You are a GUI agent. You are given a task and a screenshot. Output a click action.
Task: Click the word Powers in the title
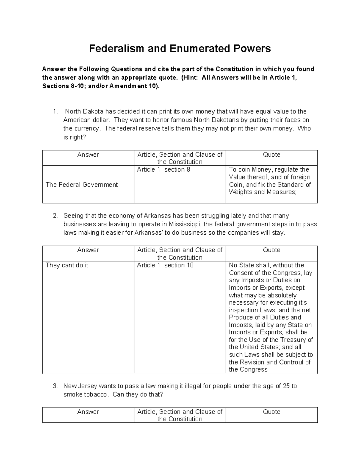tap(255, 49)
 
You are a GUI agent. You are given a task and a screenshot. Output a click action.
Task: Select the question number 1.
tap(55, 112)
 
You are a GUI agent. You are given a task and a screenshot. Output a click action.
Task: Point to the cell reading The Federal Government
tap(82, 185)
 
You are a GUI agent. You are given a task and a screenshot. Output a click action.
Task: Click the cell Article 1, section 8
tap(163, 170)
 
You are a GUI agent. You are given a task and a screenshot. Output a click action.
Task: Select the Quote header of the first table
tap(271, 155)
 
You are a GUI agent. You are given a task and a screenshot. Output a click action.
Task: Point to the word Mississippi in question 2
tap(186, 224)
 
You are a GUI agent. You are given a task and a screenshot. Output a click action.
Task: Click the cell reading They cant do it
tap(67, 266)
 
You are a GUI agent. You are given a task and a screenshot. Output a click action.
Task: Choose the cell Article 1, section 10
tap(165, 266)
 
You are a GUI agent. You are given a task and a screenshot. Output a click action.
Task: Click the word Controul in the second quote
tap(291, 362)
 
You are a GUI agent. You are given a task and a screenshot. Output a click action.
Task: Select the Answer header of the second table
tap(88, 250)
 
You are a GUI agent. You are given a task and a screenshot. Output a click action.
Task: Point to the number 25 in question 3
tap(286, 386)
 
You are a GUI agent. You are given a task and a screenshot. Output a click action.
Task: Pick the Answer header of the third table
tap(88, 412)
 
